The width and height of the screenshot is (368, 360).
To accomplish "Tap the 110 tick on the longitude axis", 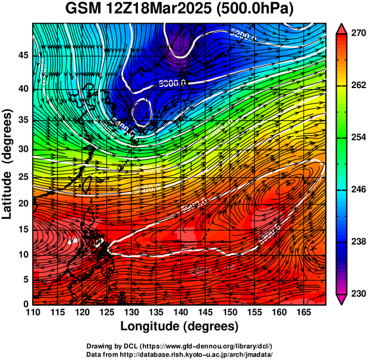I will [x=33, y=314].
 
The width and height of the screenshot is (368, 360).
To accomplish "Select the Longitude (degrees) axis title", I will [x=180, y=327].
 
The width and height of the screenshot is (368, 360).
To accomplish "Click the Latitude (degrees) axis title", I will [x=8, y=164].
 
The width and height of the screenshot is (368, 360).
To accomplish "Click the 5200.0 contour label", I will [x=244, y=35].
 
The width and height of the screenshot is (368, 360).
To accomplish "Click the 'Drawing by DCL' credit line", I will [x=180, y=346].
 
